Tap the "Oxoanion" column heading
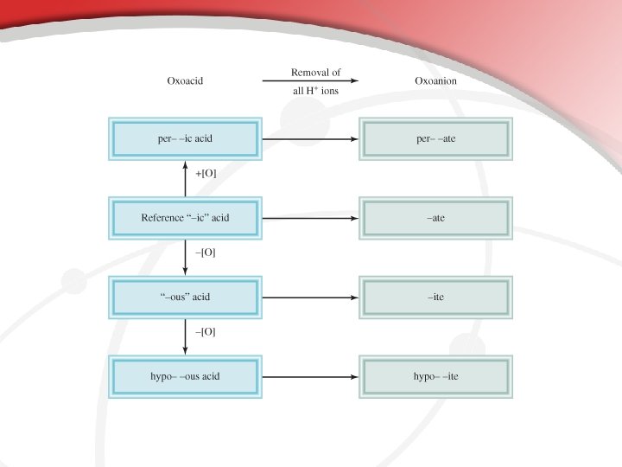436,81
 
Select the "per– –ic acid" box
185,139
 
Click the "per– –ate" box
435,139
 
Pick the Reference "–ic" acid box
185,218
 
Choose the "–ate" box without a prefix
435,218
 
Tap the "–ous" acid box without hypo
185,297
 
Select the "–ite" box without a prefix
435,297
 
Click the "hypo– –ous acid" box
185,377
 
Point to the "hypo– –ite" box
435,377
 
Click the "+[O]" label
206,173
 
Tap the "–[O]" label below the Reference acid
206,253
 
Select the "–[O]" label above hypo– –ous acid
206,331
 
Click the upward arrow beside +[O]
185,178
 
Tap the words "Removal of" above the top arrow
311,71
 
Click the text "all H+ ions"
311,91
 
